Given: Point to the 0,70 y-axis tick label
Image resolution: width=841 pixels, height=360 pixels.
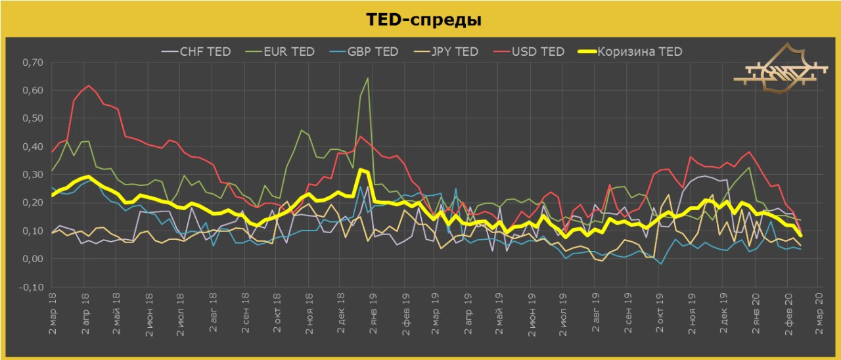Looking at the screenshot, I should pos(31,62).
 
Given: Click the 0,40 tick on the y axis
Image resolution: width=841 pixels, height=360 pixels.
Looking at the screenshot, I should pos(31,146).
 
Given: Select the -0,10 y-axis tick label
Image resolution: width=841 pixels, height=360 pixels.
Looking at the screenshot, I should pos(30,287).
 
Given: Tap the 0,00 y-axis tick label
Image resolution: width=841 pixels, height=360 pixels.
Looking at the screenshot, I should pos(31,259).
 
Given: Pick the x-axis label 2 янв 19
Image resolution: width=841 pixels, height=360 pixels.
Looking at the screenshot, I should pos(373,313).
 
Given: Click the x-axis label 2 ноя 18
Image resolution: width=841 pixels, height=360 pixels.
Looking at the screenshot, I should pos(308,313).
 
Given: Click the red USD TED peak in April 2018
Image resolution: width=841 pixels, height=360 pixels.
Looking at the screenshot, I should pos(89,85).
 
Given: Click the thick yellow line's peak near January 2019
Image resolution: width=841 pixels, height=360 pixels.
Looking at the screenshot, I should pos(361,169).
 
